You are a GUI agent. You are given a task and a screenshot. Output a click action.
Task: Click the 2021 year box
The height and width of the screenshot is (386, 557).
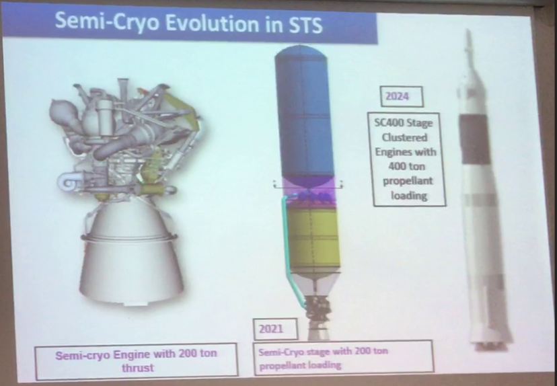point(268,329)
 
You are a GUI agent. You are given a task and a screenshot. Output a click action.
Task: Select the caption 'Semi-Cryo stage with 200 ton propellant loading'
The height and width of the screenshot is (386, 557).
point(342,357)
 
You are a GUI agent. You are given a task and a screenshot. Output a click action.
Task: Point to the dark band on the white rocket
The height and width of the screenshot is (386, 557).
point(476,138)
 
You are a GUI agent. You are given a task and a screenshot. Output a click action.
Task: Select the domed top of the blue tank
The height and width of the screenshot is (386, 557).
point(304,54)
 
